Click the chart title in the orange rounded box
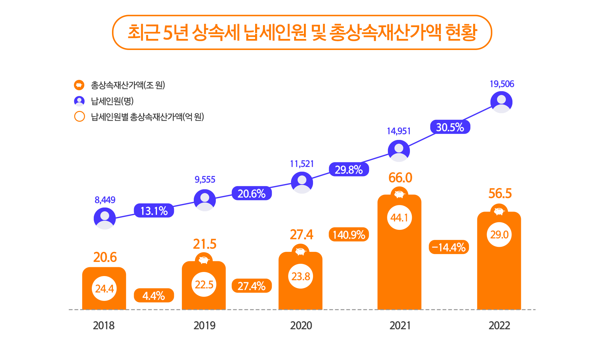pos(302,32)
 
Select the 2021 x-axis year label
pos(400,325)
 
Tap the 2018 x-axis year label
pos(104,325)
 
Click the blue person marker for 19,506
pos(501,102)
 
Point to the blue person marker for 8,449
pos(105,218)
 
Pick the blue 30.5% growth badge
pos(450,127)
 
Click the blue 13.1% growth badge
pos(154,211)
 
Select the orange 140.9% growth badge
pos(349,235)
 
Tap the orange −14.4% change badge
pos(449,247)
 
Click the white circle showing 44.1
pos(399,218)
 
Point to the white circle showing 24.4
pos(104,288)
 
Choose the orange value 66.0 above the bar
pos(400,178)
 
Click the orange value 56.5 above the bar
pos(500,193)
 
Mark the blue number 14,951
pos(399,131)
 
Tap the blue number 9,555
pos(205,180)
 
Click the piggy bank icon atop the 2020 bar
pos(300,252)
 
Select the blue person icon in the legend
pos(79,101)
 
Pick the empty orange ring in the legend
pos(79,116)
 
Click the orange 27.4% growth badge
pos(251,286)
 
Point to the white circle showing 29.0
pos(499,235)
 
